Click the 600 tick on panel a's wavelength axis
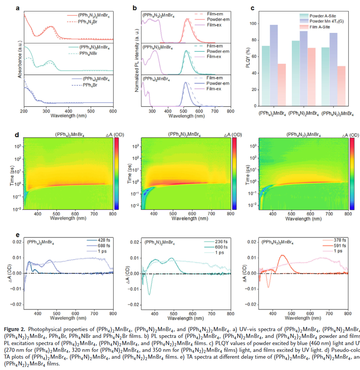113,111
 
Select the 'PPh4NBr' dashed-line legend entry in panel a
91,54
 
